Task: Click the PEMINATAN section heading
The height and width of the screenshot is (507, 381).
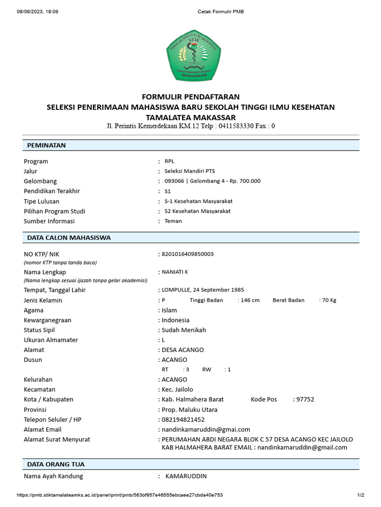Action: (x=46, y=145)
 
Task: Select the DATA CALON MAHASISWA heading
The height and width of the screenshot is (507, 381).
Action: (x=68, y=238)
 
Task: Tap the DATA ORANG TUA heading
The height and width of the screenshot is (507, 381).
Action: (x=56, y=464)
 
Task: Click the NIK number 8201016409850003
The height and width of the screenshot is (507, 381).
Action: (x=187, y=254)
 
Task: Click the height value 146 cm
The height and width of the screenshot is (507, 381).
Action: (x=251, y=300)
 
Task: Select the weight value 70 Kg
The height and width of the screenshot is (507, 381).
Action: (x=329, y=300)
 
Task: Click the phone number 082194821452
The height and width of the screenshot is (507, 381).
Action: (x=183, y=419)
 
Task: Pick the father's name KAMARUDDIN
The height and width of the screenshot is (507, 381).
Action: (x=186, y=476)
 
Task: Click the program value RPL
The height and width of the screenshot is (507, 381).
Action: (x=169, y=161)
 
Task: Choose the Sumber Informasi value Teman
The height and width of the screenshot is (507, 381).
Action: (x=173, y=221)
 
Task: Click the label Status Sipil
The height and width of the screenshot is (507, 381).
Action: (x=39, y=330)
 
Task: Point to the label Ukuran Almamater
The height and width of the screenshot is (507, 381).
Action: (x=51, y=340)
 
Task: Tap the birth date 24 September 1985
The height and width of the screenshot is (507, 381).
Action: (x=218, y=290)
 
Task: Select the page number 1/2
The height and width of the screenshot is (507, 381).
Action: (x=361, y=495)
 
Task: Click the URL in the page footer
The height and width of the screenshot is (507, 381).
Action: (x=120, y=495)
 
